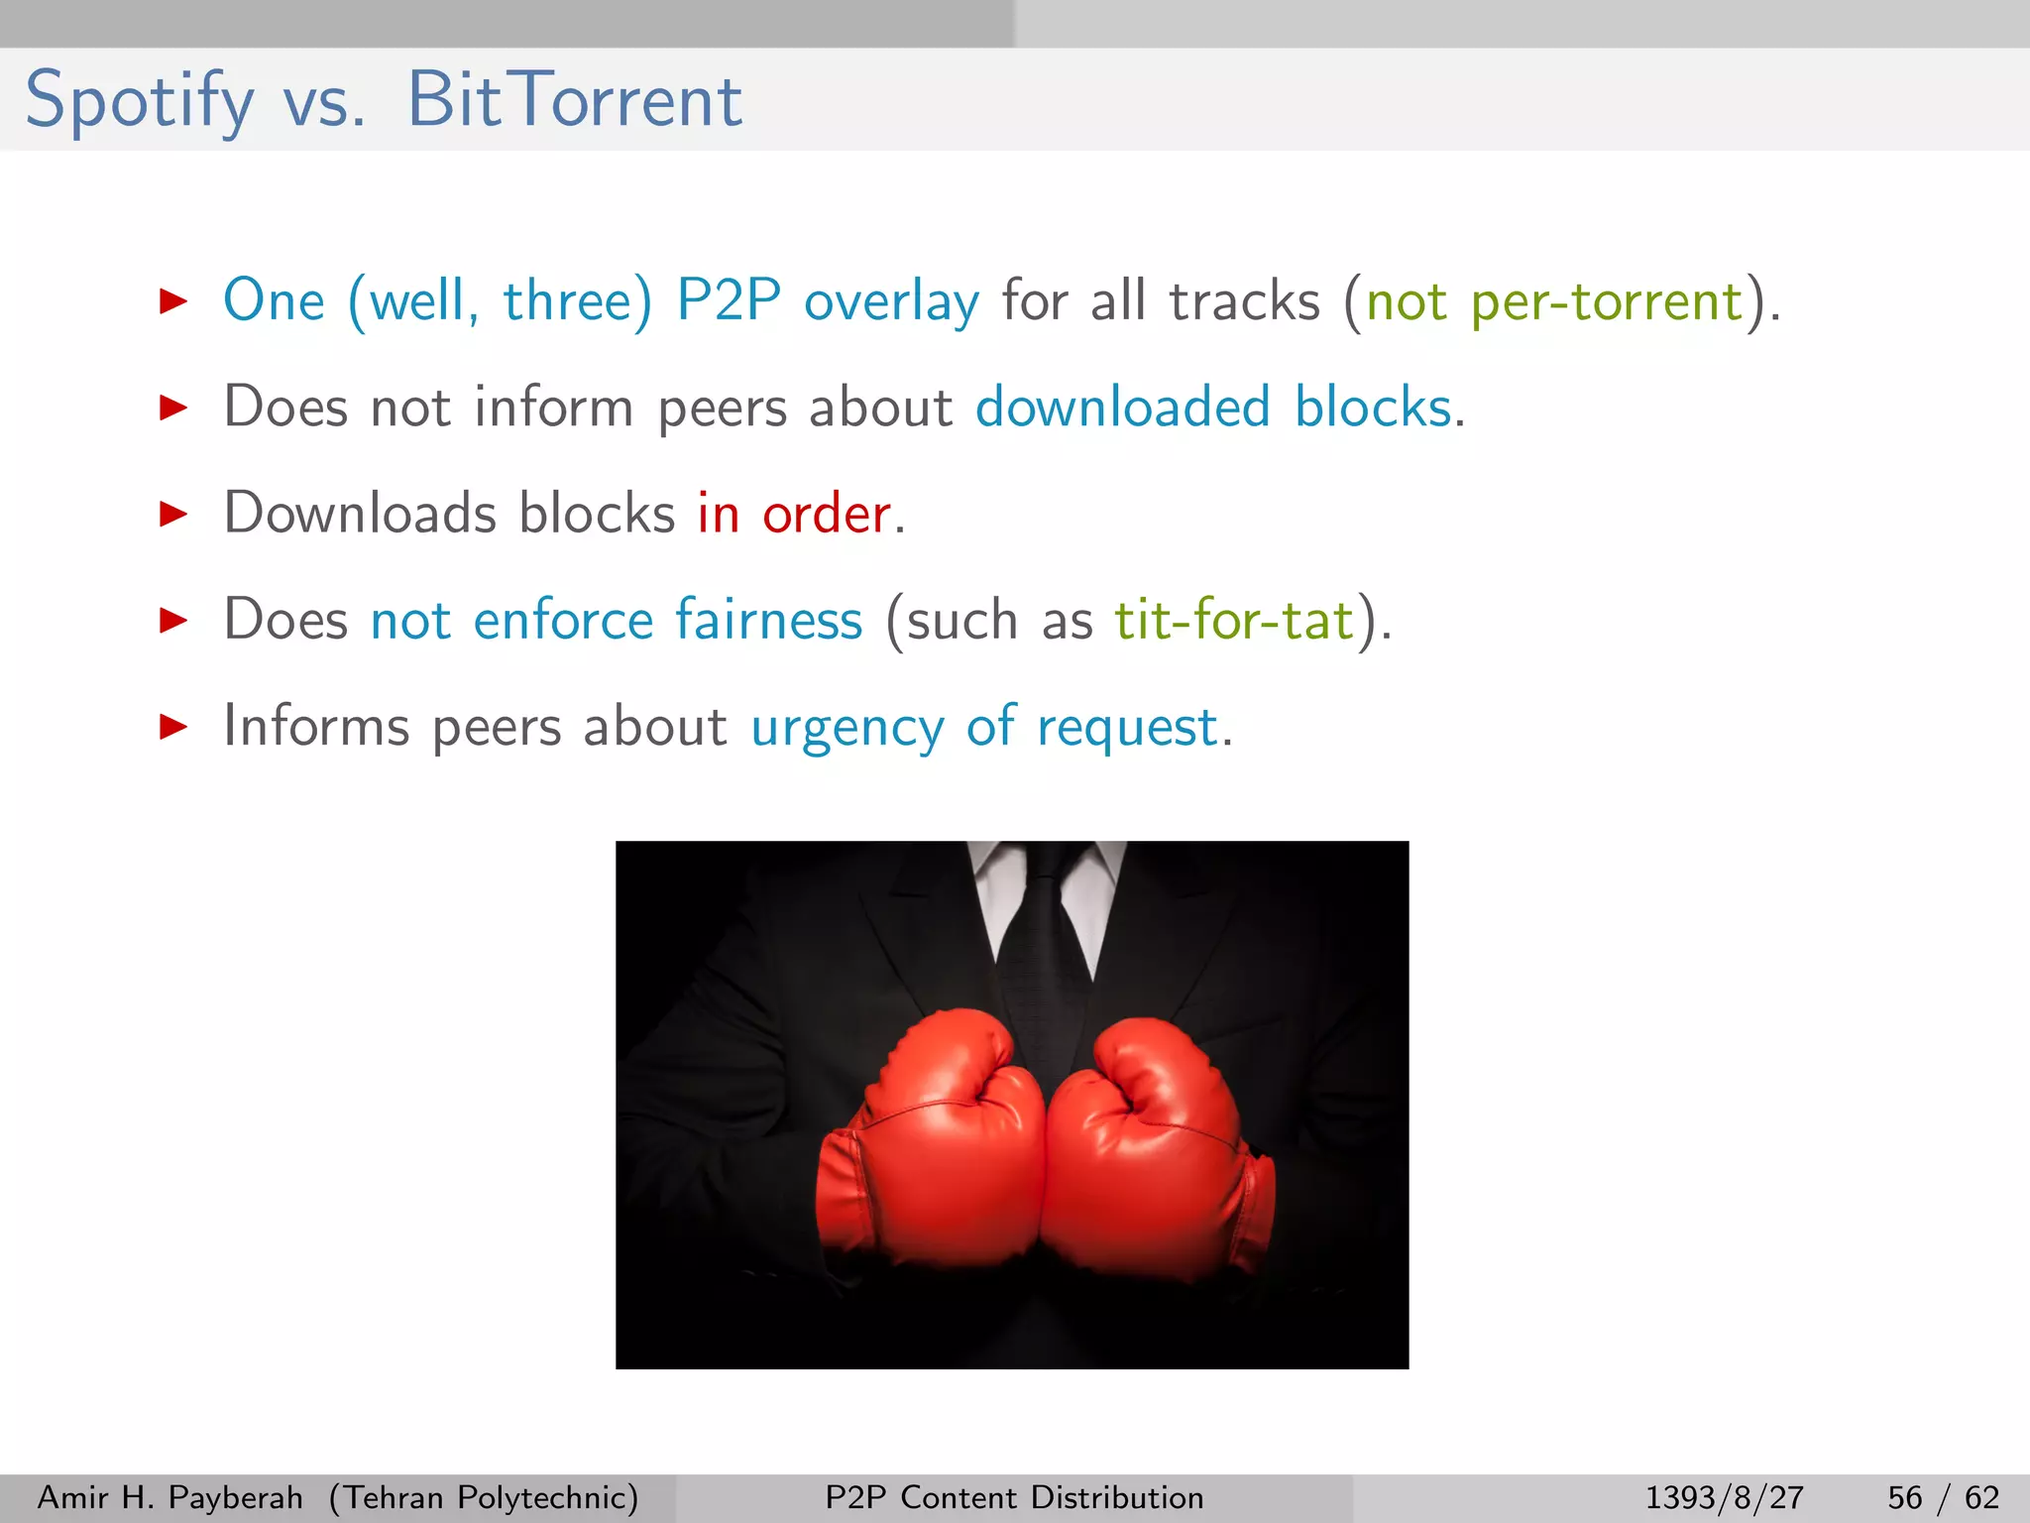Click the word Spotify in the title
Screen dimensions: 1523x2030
pos(139,101)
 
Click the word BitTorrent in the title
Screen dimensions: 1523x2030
pos(574,101)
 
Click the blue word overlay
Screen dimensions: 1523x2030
pos(891,301)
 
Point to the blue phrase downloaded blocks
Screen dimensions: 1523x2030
pos(1218,408)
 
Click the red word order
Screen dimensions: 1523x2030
pos(826,514)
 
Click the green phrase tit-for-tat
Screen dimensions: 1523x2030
pos(1234,621)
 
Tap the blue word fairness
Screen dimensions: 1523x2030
pos(768,621)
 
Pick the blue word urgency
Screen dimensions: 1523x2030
pos(846,728)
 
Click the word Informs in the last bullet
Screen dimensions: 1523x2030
pos(315,726)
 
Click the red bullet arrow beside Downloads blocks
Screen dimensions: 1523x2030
pos(173,514)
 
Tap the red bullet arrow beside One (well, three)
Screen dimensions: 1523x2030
pos(173,301)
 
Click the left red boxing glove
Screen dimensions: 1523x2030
pos(932,1150)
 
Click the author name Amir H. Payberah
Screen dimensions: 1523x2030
pos(169,1497)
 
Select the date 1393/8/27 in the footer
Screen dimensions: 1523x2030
pos(1724,1497)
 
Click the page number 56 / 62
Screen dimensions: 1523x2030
pos(1943,1497)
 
